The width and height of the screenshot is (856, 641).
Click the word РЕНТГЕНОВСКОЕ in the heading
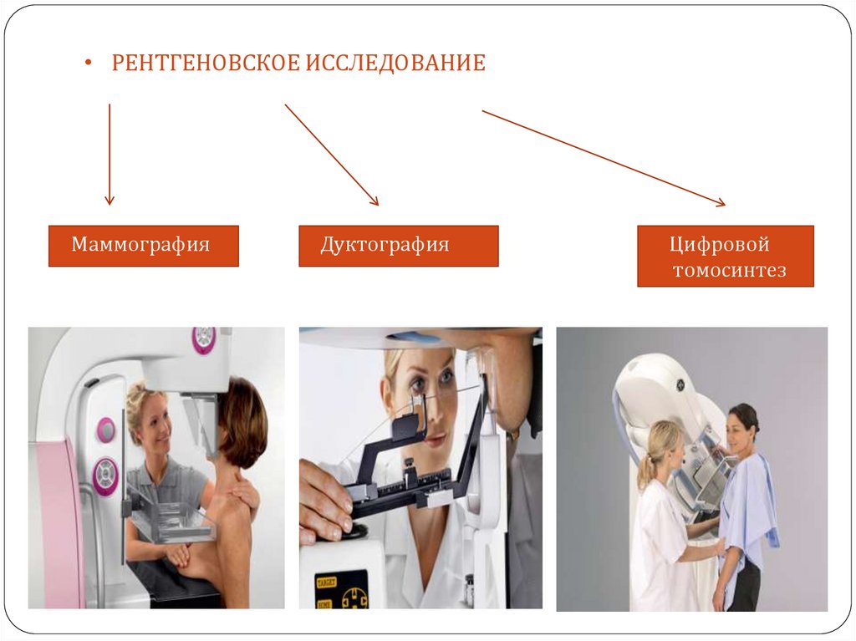point(206,63)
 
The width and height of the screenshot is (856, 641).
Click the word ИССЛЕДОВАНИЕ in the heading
point(395,63)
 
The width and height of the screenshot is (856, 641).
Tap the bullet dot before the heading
point(89,63)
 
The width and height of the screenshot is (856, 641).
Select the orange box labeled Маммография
point(144,246)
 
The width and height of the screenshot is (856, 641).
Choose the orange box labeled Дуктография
point(399,246)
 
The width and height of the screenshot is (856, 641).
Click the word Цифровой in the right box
point(720,244)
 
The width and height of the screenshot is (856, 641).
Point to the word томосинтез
point(729,270)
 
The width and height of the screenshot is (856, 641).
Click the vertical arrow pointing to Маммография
point(110,155)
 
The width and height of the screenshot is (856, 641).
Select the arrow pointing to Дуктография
point(331,155)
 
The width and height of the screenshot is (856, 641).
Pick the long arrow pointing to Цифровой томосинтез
point(604,158)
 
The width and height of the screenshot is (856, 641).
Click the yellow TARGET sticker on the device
point(327,582)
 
